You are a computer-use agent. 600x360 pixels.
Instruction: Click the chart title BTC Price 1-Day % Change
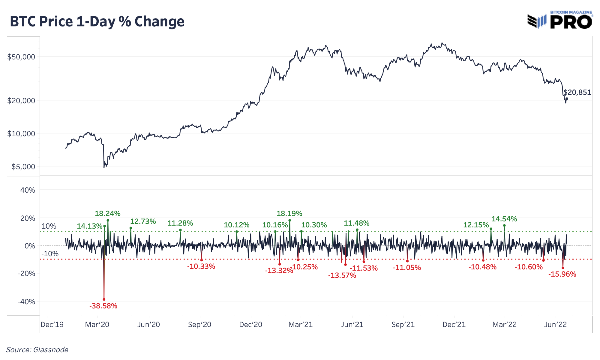pos(97,22)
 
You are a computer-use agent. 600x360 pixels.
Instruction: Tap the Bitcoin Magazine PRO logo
pos(560,20)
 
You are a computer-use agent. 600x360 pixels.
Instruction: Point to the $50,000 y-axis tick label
pos(21,57)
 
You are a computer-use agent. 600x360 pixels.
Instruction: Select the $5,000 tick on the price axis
pos(23,166)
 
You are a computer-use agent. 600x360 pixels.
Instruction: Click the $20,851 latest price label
pos(577,92)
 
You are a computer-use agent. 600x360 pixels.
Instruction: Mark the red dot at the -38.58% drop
pos(104,299)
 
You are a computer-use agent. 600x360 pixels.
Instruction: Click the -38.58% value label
pos(103,306)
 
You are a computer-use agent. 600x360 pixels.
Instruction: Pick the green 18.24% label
pos(107,214)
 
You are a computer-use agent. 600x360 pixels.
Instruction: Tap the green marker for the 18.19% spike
pos(289,220)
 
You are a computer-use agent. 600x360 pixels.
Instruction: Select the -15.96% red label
pos(562,274)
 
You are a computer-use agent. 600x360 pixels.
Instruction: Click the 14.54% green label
pos(504,219)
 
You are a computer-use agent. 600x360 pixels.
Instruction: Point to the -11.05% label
pos(407,268)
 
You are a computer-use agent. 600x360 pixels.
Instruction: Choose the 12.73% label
pos(143,221)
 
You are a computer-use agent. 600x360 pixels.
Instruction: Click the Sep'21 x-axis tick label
pos(403,325)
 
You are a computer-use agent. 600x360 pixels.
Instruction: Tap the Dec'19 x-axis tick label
pos(52,325)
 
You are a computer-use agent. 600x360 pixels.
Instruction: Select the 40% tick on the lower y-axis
pos(28,190)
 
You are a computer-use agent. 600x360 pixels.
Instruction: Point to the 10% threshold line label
pos(49,226)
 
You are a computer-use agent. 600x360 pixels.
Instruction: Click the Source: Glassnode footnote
pos(37,350)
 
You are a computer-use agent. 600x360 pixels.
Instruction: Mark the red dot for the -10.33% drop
pos(202,260)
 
